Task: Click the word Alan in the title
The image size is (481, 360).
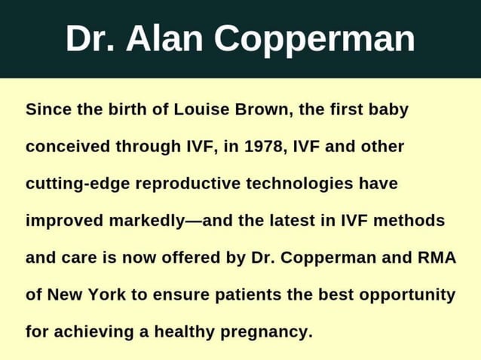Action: click(159, 39)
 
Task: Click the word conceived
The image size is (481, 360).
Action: click(68, 147)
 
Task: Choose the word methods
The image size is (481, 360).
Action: click(412, 221)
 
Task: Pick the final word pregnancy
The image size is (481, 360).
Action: click(265, 331)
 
